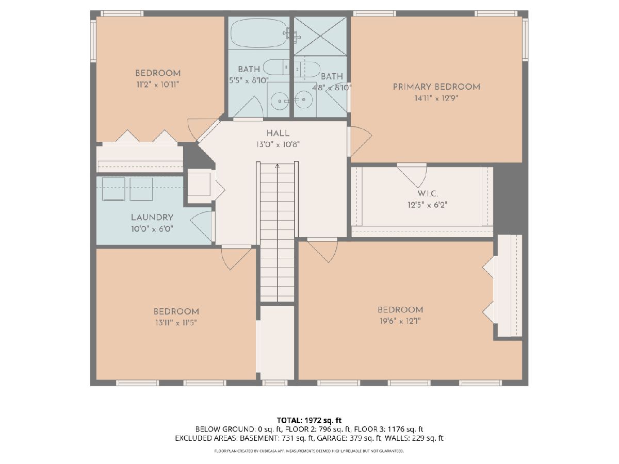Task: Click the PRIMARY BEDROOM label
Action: (x=436, y=87)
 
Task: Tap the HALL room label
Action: (x=278, y=133)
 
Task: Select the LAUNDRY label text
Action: (x=152, y=217)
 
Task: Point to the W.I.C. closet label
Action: (x=428, y=193)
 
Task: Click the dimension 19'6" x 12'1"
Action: (x=400, y=321)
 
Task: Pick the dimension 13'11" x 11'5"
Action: (x=176, y=322)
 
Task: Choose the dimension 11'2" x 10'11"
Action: (x=158, y=84)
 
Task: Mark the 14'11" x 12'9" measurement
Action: (x=436, y=98)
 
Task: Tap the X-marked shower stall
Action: (x=320, y=36)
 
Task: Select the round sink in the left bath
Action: (x=280, y=101)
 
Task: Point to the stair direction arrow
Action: (x=278, y=166)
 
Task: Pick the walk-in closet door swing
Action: (x=412, y=177)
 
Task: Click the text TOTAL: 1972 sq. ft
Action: (x=309, y=420)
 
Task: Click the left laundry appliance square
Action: (x=113, y=189)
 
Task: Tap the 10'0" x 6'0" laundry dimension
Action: (x=152, y=229)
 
